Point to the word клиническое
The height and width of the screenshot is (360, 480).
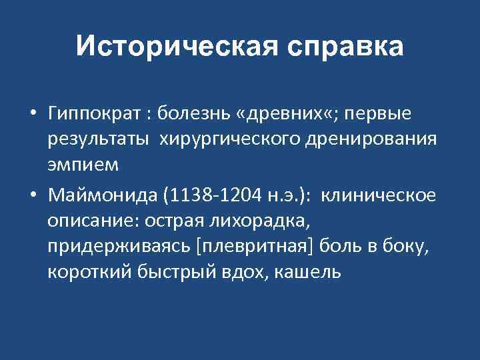click(380, 195)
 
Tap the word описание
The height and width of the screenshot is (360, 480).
click(84, 221)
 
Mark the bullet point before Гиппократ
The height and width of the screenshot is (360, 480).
click(33, 115)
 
